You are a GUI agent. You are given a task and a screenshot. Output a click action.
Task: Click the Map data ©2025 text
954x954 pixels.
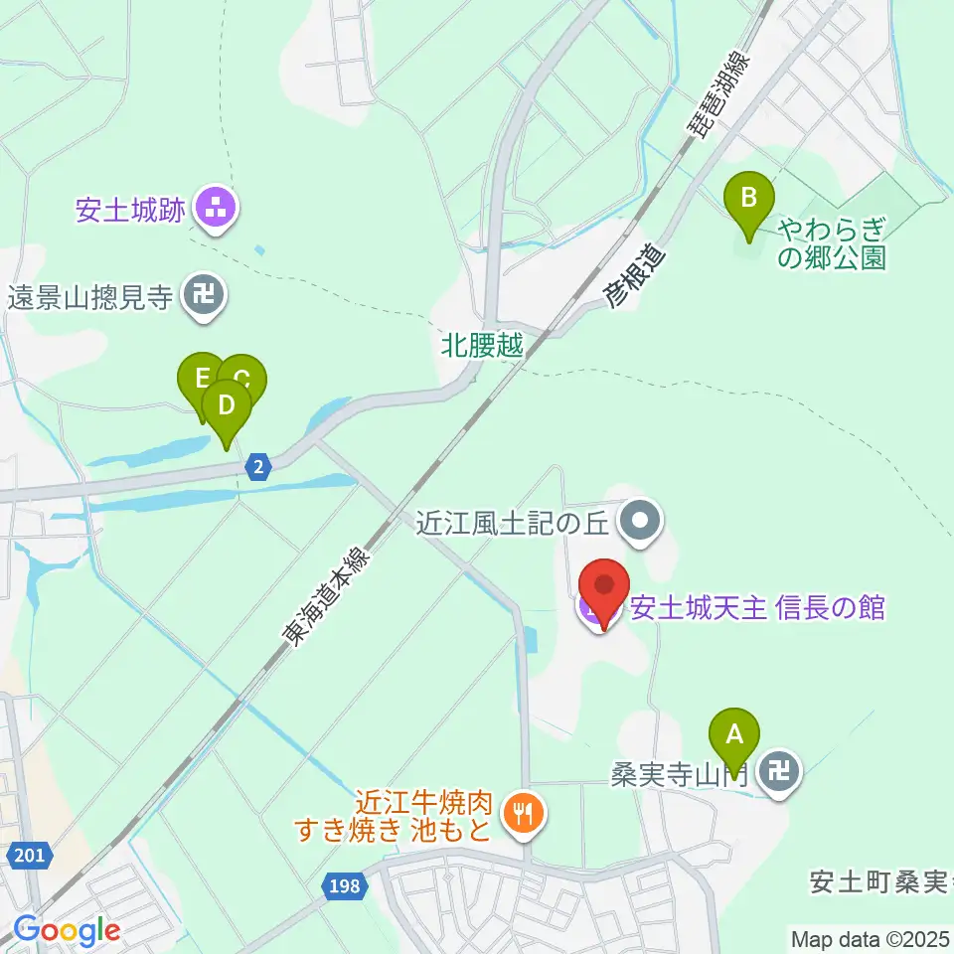[870, 938]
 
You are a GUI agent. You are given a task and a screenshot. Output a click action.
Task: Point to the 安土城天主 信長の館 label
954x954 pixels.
[757, 607]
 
